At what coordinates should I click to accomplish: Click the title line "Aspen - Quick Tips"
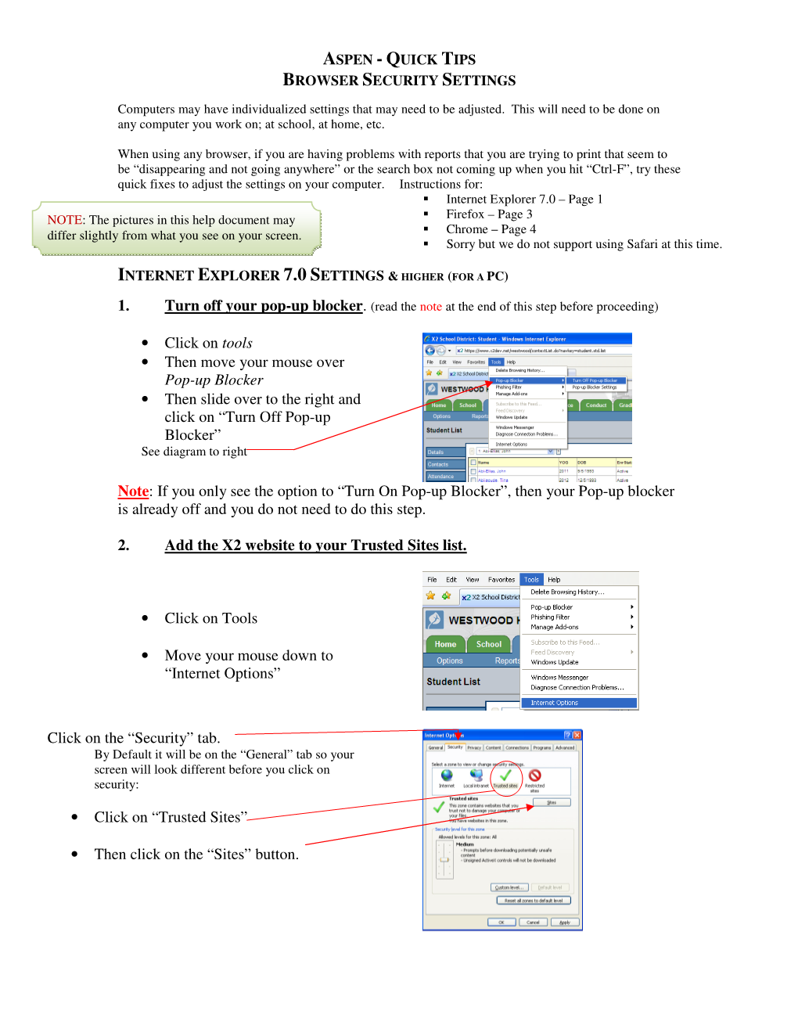(x=399, y=59)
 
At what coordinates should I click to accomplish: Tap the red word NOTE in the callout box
(x=65, y=220)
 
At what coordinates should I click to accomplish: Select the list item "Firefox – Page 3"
(x=489, y=214)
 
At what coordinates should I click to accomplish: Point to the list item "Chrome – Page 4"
(x=491, y=229)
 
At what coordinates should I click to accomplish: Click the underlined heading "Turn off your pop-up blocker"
(x=264, y=305)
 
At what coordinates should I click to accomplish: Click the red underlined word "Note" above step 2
(x=133, y=491)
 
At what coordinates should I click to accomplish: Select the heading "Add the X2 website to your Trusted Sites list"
(x=315, y=545)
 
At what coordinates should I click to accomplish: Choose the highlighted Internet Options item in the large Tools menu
(x=578, y=703)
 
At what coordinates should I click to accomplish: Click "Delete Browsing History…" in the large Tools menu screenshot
(x=567, y=592)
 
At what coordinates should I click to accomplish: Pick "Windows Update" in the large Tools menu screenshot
(x=555, y=662)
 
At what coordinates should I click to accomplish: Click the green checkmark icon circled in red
(x=505, y=776)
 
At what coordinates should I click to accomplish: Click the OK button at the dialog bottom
(x=501, y=922)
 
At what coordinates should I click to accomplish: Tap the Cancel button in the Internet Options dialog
(x=533, y=922)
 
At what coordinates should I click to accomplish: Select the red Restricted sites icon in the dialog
(x=535, y=776)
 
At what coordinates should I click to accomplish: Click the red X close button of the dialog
(x=577, y=735)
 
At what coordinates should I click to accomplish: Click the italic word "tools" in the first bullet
(x=237, y=343)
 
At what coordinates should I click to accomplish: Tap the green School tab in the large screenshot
(x=489, y=644)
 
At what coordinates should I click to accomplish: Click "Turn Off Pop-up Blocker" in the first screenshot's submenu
(x=595, y=380)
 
